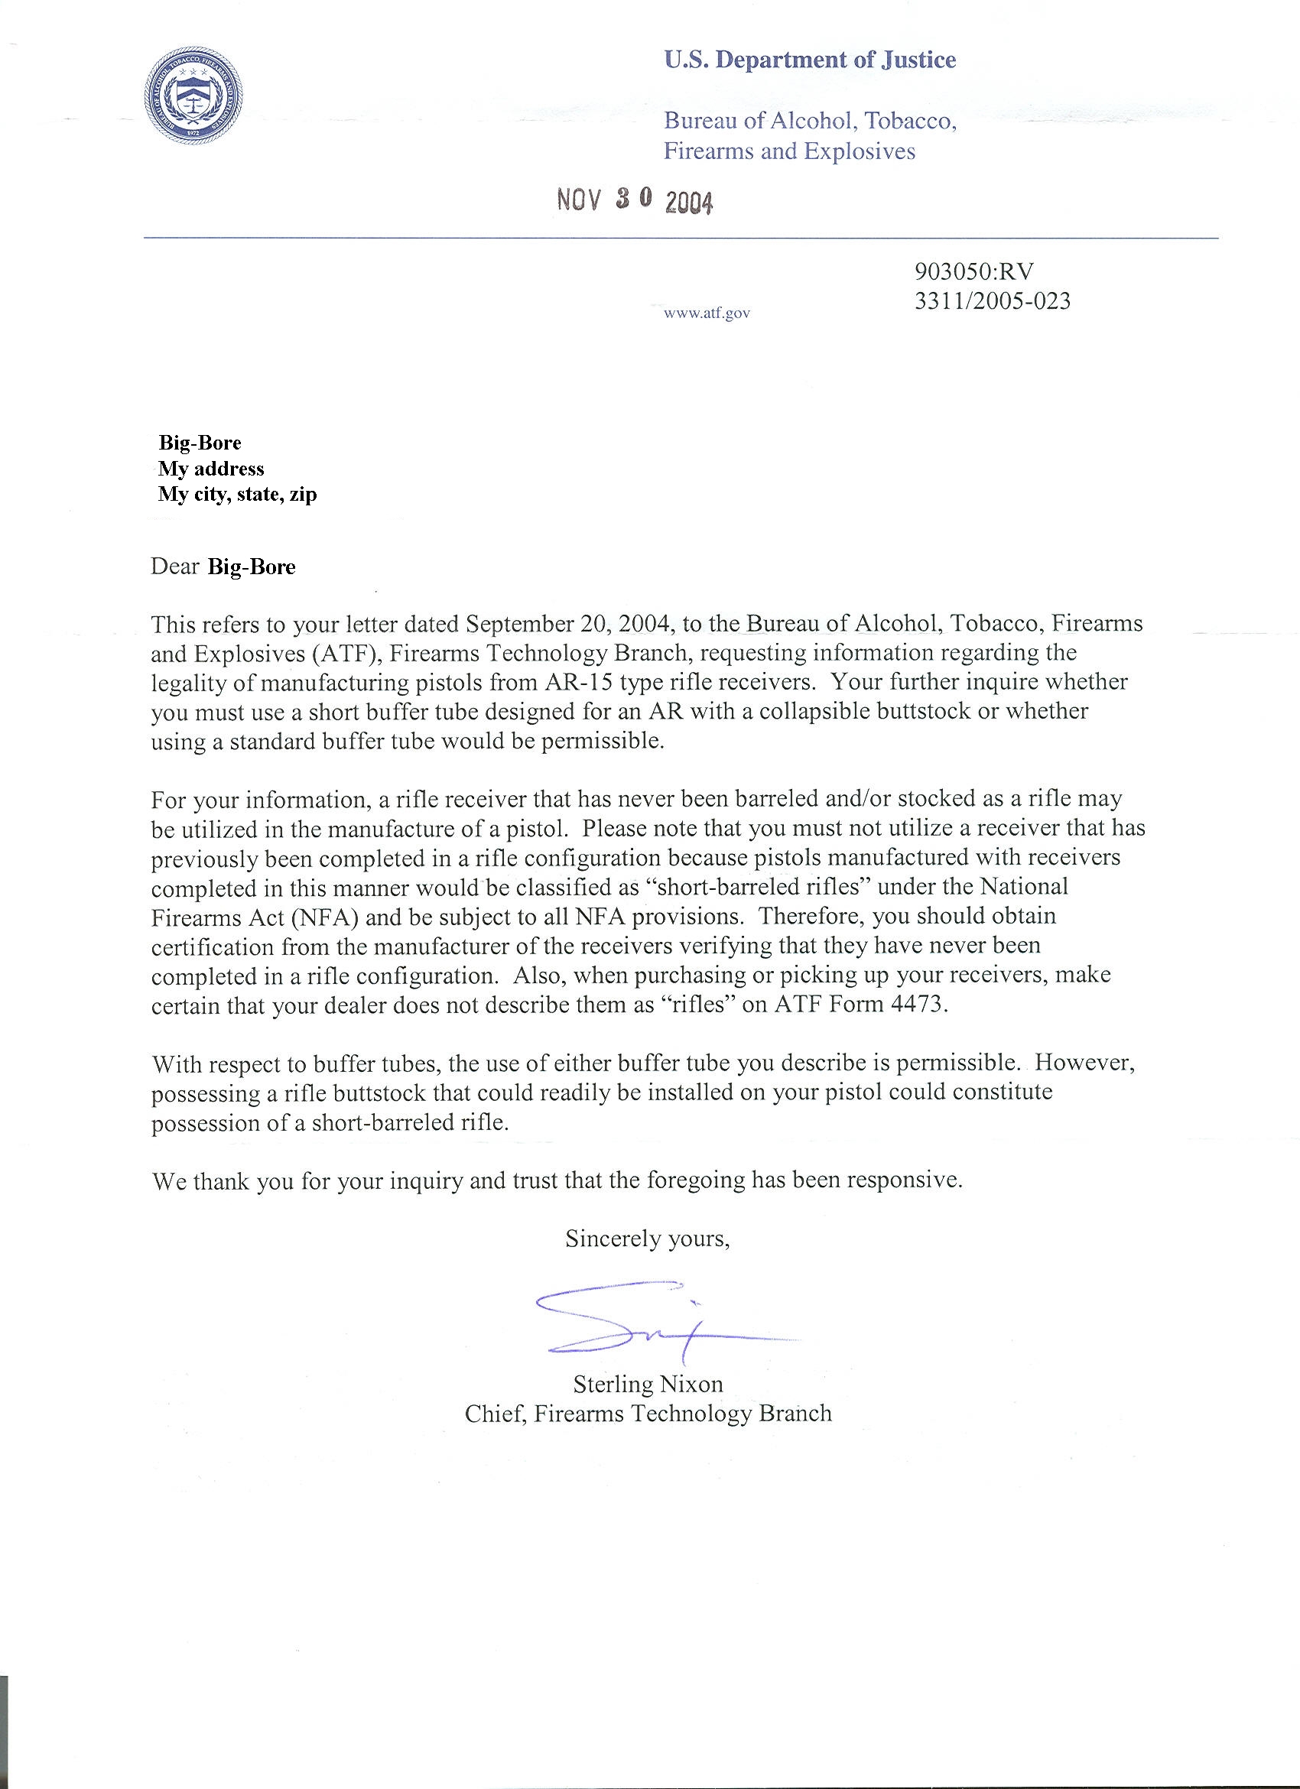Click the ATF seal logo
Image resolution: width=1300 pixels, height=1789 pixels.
coord(193,97)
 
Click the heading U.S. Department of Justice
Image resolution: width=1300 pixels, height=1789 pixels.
coord(809,60)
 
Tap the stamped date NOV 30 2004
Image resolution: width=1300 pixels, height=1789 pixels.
coord(635,201)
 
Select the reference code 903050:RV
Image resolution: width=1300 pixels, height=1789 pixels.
coord(973,271)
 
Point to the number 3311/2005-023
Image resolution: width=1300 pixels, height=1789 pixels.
coord(993,301)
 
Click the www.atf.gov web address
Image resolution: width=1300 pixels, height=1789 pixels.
coord(707,313)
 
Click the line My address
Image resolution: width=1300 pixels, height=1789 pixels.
coord(210,469)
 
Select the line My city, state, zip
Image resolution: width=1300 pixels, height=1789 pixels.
coord(237,495)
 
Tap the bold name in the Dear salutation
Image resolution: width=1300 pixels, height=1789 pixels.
coord(251,567)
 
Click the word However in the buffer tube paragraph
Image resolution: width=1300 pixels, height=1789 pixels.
coord(1084,1063)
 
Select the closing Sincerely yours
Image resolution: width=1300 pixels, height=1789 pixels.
coord(647,1239)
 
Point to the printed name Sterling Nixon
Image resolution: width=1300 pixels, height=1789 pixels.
coord(648,1385)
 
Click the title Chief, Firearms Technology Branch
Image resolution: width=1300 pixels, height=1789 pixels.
coord(648,1414)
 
